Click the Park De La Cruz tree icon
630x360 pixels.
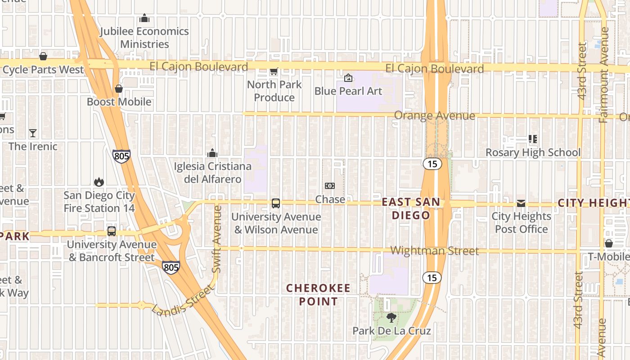coord(391,318)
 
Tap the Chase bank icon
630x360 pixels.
coord(330,186)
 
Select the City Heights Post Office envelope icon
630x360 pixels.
coord(521,203)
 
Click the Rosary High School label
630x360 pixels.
coord(533,153)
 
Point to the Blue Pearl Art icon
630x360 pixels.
coord(348,78)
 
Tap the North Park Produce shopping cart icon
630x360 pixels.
coord(274,71)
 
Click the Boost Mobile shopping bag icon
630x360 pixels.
coord(119,89)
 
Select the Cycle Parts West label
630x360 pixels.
coord(43,70)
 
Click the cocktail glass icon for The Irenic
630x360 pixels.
coord(33,133)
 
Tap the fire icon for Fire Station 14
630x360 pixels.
coord(99,182)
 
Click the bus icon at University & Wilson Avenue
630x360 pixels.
coord(276,203)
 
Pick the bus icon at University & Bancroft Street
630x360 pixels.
coord(112,231)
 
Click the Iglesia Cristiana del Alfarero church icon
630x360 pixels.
coord(212,153)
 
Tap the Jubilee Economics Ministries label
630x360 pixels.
coord(144,38)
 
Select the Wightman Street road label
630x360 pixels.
coord(434,251)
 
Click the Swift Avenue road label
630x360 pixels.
coord(217,238)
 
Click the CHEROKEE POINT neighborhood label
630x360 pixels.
coord(318,295)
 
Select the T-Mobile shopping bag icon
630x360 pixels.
coord(609,243)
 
